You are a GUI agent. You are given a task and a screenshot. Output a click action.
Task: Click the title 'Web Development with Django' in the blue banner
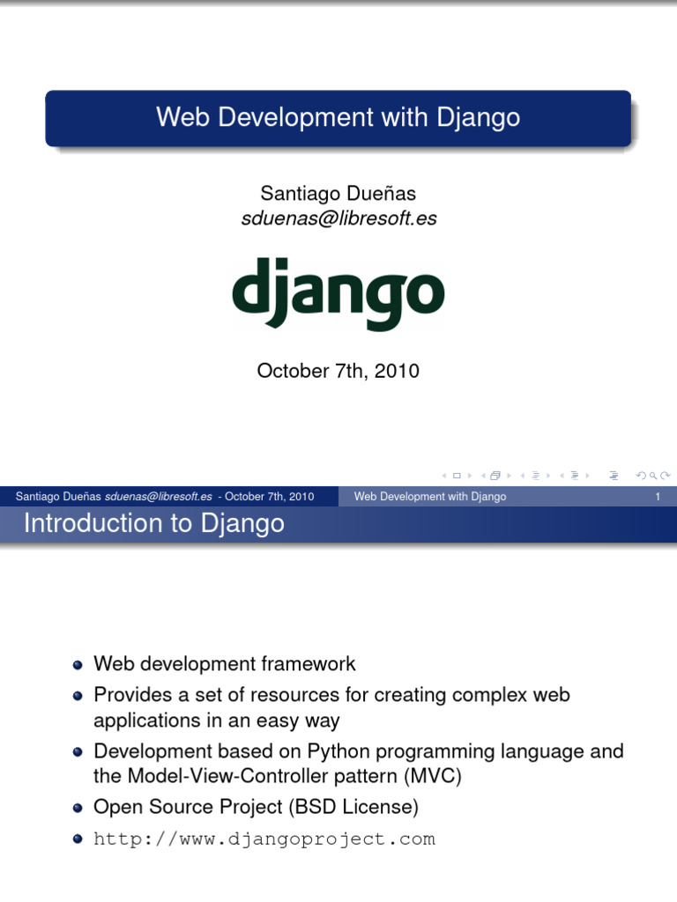click(338, 117)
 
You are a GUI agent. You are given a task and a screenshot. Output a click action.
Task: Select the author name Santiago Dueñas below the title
click(338, 193)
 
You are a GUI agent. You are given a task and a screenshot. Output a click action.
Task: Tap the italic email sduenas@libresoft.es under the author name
click(338, 218)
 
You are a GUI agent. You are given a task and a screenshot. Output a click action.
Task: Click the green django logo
click(338, 294)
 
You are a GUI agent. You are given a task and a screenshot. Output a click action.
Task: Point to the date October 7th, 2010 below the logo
click(338, 371)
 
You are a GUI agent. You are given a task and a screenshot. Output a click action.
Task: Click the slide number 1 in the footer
click(658, 497)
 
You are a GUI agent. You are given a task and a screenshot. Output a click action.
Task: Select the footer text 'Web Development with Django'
click(430, 497)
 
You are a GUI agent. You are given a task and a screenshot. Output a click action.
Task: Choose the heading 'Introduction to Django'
click(154, 524)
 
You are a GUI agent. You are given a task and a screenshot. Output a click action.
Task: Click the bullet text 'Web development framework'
click(225, 663)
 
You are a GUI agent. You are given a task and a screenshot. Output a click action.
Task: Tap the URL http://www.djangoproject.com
click(264, 839)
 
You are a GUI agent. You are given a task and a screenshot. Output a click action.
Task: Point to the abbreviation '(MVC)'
click(432, 777)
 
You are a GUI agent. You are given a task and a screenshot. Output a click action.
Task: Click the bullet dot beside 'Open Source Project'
click(78, 807)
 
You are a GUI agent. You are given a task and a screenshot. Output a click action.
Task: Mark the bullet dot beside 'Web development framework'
click(78, 665)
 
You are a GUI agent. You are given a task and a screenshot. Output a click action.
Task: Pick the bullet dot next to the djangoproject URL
click(78, 839)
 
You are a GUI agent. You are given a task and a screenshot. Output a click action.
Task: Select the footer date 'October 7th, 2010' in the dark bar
click(269, 497)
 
